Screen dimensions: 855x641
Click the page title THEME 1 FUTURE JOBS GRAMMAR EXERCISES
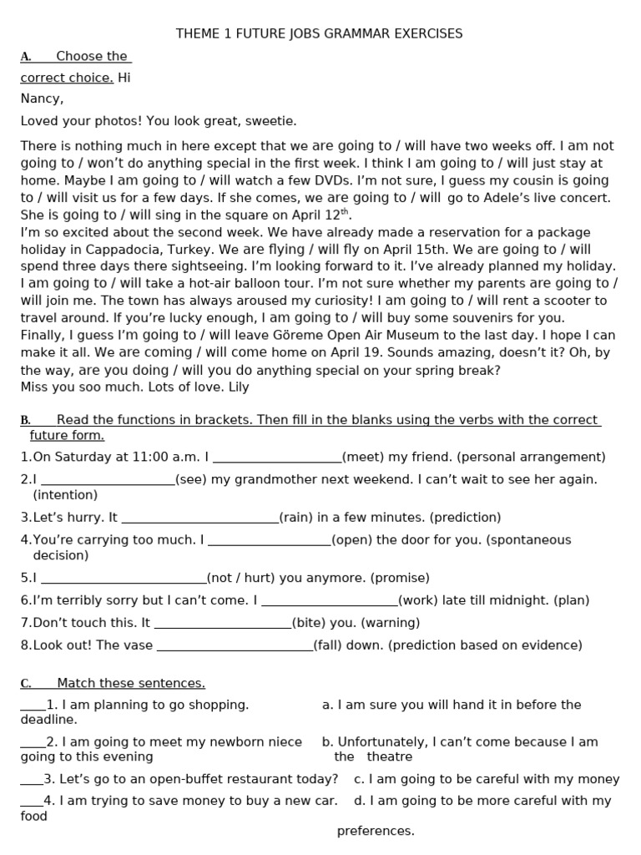pyautogui.click(x=319, y=34)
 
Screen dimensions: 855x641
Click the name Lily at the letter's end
pyautogui.click(x=237, y=387)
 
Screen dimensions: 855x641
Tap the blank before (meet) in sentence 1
pyautogui.click(x=277, y=458)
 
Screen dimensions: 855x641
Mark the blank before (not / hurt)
pyautogui.click(x=123, y=579)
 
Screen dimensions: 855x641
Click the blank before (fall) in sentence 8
pyautogui.click(x=235, y=646)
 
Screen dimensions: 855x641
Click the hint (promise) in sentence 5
pyautogui.click(x=400, y=578)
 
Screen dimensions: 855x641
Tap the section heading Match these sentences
pyautogui.click(x=130, y=683)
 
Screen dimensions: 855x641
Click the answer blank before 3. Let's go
pyautogui.click(x=31, y=781)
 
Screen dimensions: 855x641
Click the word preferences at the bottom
pyautogui.click(x=375, y=831)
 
